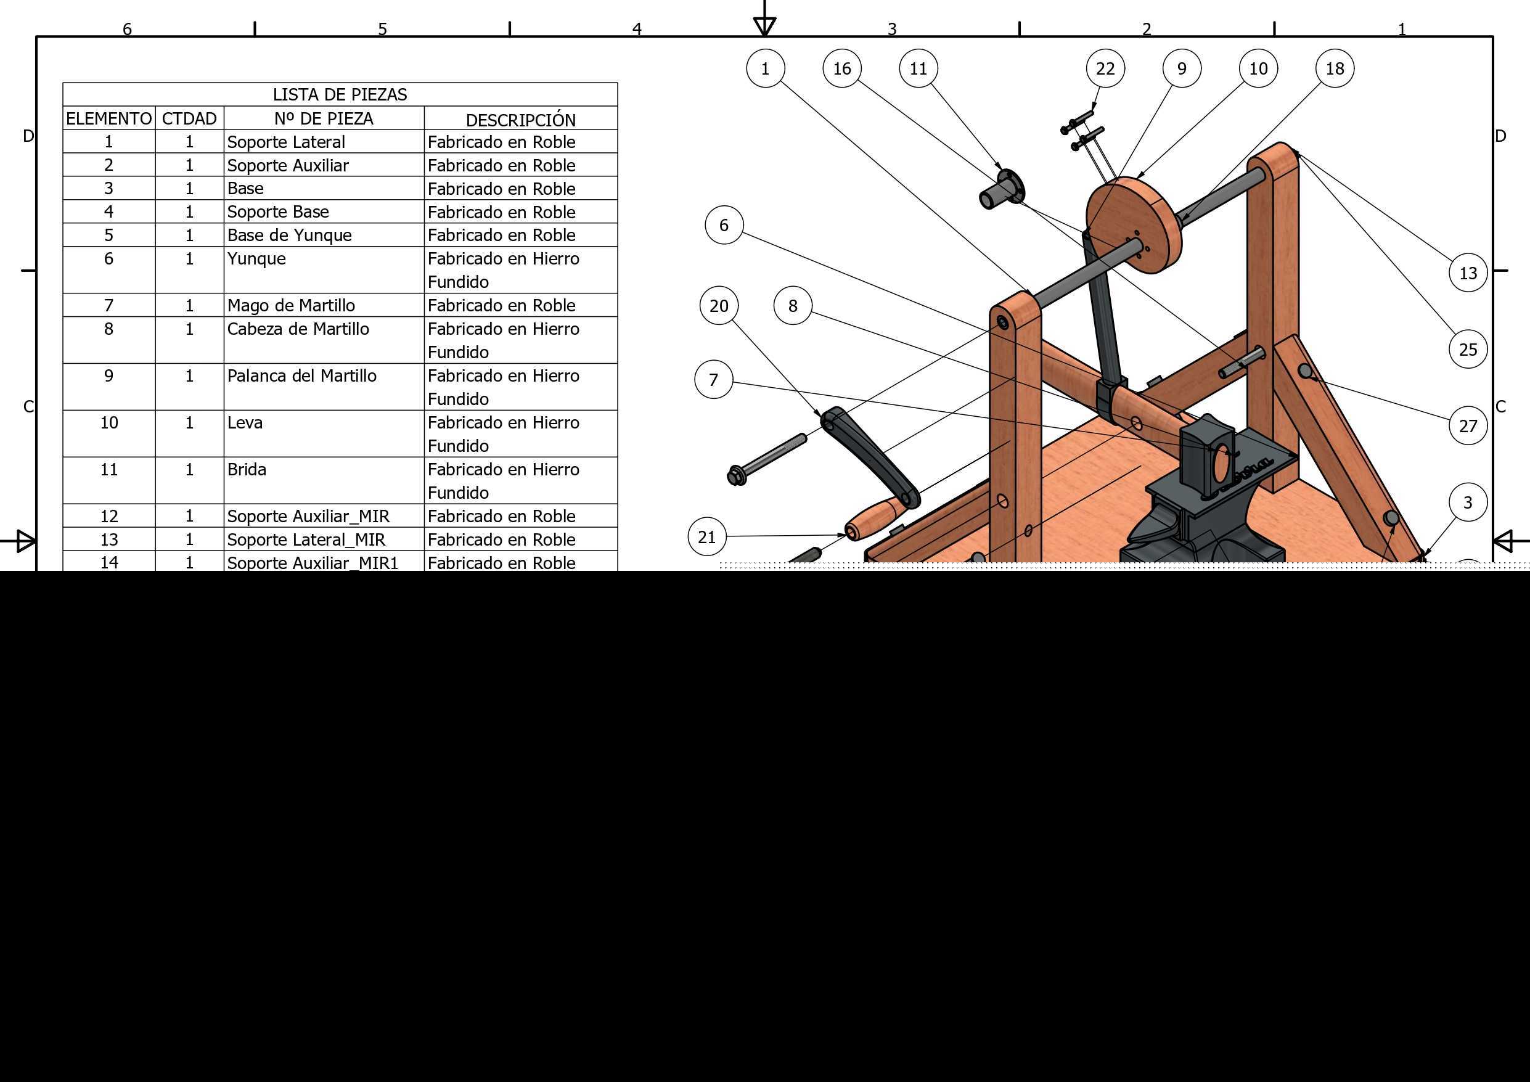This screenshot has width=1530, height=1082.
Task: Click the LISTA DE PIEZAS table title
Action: coord(340,95)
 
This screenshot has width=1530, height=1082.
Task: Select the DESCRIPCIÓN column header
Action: coord(520,120)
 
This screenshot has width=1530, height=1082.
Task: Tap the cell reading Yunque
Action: coord(256,259)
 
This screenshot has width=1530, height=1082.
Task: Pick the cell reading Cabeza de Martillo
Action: coord(298,329)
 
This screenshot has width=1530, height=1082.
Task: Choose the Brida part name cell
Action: coord(247,469)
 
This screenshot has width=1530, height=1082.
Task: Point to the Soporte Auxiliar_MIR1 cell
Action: coord(313,563)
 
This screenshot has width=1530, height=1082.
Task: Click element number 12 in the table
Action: coord(108,516)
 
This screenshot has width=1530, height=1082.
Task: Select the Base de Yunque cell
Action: coord(289,236)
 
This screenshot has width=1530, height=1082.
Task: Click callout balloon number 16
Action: coord(841,68)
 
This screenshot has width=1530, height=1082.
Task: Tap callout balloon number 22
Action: coord(1105,68)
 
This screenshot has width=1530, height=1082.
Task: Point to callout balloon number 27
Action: coord(1468,425)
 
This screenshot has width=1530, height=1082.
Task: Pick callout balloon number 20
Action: coord(719,305)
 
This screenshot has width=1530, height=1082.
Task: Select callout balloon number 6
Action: coord(724,224)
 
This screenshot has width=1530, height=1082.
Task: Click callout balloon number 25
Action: coord(1468,349)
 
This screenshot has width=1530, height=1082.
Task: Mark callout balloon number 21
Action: coord(706,536)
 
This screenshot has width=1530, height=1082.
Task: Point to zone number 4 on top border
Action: coord(637,28)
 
